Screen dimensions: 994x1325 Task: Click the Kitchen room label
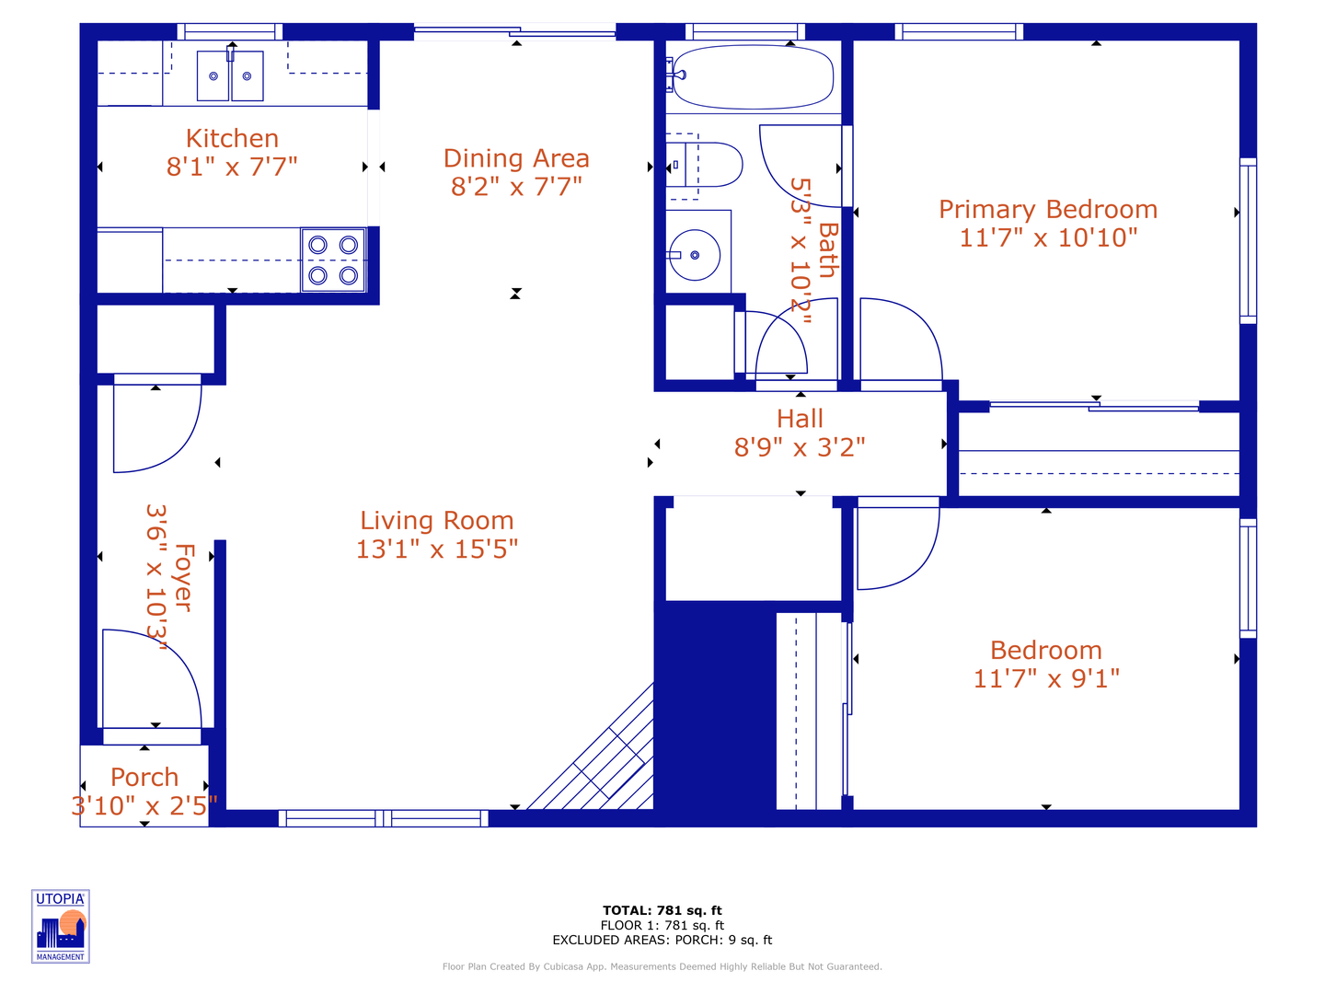click(x=232, y=138)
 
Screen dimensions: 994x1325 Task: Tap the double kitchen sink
click(x=230, y=76)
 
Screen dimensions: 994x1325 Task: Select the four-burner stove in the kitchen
click(x=333, y=260)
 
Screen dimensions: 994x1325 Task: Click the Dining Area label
click(x=516, y=158)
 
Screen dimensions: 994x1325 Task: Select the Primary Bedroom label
click(x=1048, y=210)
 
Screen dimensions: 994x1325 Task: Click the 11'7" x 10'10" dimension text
click(x=1048, y=237)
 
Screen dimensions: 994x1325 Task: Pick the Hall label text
click(x=800, y=419)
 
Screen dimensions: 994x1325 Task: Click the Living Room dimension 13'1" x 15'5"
click(x=437, y=549)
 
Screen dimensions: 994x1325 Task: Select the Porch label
click(x=144, y=778)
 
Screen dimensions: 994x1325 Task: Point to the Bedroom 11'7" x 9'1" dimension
click(x=1046, y=679)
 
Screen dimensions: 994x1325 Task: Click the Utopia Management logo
click(x=61, y=926)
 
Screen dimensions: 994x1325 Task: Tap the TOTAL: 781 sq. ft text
click(x=662, y=910)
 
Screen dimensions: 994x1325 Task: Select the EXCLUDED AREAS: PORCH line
click(x=662, y=940)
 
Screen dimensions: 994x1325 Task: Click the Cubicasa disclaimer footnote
click(x=662, y=966)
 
